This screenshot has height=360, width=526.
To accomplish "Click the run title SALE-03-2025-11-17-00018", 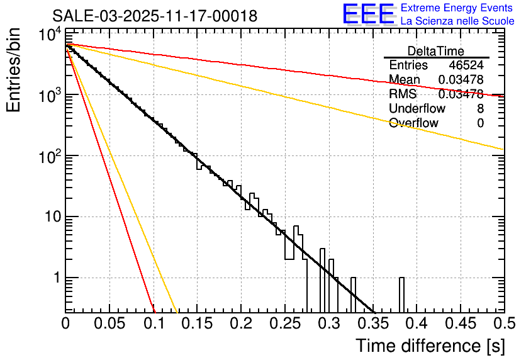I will pos(154,16).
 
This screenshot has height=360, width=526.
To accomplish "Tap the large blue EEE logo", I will pos(368,14).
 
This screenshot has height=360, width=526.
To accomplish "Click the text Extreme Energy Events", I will pos(457,8).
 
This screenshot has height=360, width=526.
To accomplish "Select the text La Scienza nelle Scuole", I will pos(457,21).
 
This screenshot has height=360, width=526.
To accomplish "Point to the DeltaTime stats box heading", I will pos(435,51).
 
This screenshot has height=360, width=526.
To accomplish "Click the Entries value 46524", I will pos(466,65).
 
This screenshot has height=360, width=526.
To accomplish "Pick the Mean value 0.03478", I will pos(461,80).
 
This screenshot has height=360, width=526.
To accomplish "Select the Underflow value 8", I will pos(480,109).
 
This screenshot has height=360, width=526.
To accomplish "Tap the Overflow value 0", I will pos(480,123).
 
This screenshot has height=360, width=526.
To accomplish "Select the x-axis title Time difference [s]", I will pos(430,346).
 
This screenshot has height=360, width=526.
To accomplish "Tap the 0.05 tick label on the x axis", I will pos(110,323).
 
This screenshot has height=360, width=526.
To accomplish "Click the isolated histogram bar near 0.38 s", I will pos(401,295).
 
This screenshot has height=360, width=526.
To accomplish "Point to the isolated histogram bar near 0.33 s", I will pos(353,295).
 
